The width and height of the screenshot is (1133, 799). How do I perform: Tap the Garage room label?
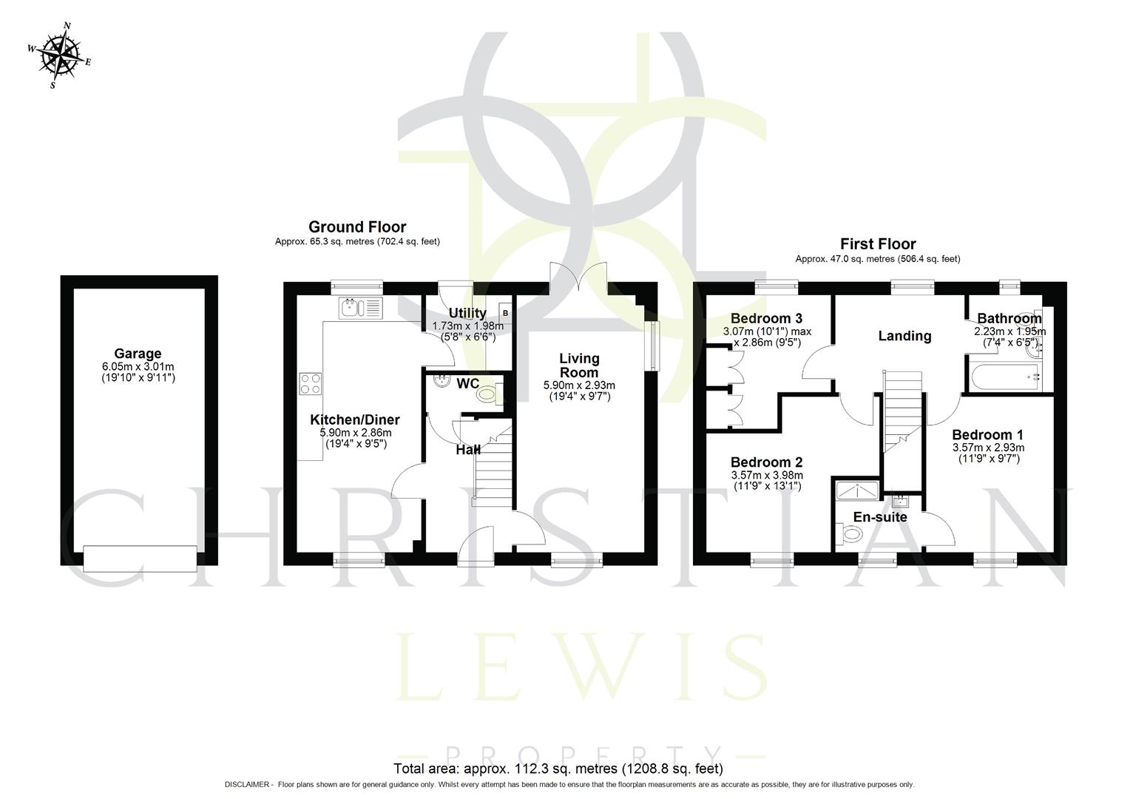[x=138, y=354]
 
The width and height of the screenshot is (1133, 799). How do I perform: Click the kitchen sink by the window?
[x=360, y=308]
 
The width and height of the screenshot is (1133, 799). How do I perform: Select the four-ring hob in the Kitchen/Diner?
[x=311, y=384]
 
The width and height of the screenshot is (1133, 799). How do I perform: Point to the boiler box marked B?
[x=505, y=313]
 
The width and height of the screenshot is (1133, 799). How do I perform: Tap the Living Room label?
[x=579, y=365]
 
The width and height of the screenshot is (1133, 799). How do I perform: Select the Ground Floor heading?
[x=357, y=227]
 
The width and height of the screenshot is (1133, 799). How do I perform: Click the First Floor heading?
[x=878, y=244]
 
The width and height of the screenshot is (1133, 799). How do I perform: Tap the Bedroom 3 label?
[x=766, y=319]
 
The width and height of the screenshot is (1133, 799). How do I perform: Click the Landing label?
[x=904, y=336]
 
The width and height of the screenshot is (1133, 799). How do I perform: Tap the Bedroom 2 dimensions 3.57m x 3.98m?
[x=767, y=475]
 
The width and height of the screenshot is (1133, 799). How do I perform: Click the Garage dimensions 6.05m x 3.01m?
[x=138, y=367]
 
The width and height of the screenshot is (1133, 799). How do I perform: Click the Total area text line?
[x=558, y=768]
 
